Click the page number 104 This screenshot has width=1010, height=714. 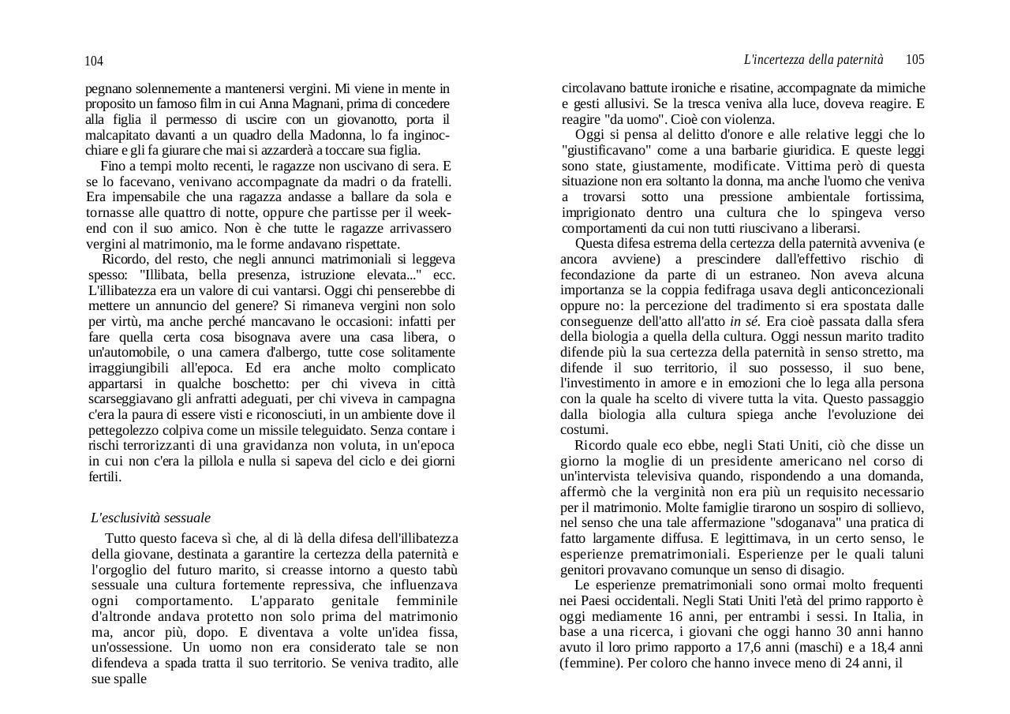pyautogui.click(x=94, y=62)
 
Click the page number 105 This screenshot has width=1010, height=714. pyautogui.click(x=915, y=60)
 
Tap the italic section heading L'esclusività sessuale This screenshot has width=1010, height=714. pyautogui.click(x=151, y=518)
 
